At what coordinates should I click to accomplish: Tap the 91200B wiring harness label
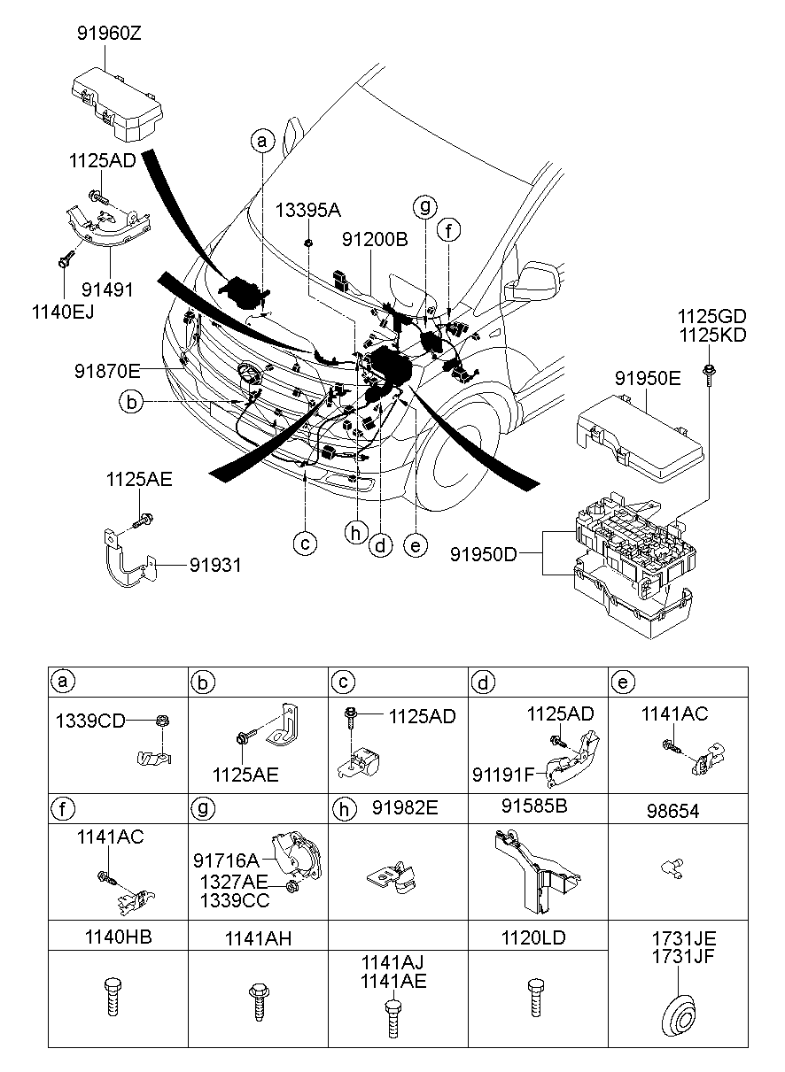point(376,238)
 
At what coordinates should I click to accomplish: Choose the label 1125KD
point(711,335)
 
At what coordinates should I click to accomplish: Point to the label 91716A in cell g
point(226,859)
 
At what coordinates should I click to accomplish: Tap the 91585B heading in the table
point(536,808)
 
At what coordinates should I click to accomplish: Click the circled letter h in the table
point(341,809)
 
